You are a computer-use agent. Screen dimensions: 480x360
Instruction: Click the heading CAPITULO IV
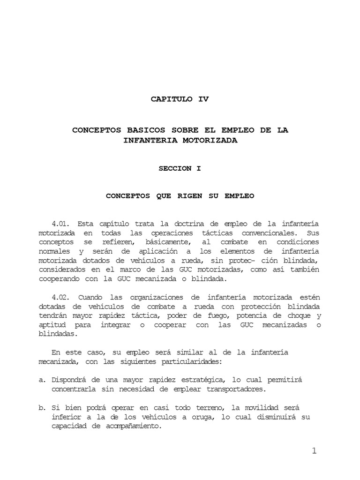coord(180,99)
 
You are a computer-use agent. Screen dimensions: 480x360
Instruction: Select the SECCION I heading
coord(180,169)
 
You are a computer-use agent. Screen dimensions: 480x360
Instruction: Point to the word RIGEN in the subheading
coord(189,196)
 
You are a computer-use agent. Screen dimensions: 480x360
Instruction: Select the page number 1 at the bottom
coord(314,451)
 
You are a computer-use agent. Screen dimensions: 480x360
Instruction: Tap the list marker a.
coord(41,380)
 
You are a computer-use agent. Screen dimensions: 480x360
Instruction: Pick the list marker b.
coord(41,408)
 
